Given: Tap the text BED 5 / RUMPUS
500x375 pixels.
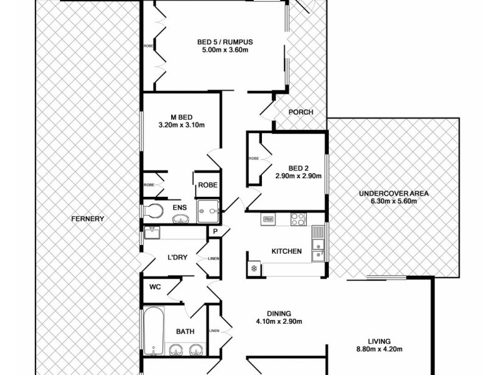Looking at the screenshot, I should point(224,42).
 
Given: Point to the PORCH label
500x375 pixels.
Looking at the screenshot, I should point(300,112).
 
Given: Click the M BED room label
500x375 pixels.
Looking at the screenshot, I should point(181,117).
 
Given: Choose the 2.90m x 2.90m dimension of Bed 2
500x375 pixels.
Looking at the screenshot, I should point(298,176).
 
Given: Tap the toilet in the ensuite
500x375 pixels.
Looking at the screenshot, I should point(151,210).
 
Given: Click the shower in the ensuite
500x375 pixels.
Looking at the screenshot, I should point(207,211).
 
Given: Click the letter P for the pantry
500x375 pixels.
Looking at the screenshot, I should point(214,232).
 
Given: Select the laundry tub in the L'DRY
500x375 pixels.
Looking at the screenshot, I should point(152,232).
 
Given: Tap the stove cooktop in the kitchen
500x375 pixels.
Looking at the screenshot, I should point(298,219).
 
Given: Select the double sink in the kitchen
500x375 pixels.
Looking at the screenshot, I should point(319,244).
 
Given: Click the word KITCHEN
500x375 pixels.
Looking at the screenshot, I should point(286,251).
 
